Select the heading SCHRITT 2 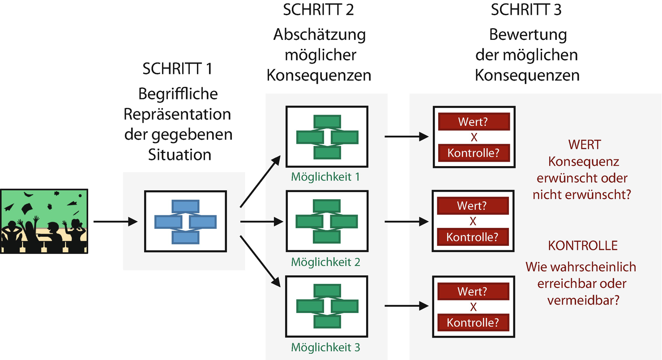tap(318, 9)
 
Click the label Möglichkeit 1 tap(325, 177)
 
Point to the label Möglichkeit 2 tap(325, 261)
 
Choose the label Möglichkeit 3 tap(325, 347)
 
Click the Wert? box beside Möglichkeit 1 tap(474, 121)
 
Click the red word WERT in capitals tap(584, 145)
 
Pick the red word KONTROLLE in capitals tap(583, 245)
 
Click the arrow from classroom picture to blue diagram tap(115, 221)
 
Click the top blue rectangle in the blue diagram tap(185, 206)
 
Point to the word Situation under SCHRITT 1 tap(179, 154)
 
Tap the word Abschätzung tap(319, 34)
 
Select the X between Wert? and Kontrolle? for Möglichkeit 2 tap(473, 222)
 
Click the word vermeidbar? tap(583, 300)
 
